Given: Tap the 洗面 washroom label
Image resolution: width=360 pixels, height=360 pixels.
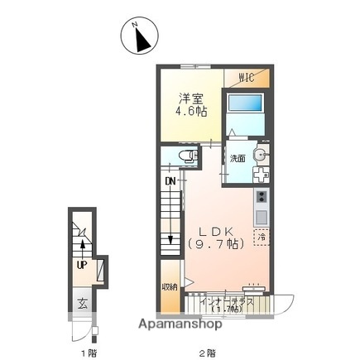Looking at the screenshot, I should (238, 157).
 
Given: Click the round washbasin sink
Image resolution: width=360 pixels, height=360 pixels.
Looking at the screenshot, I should (261, 155).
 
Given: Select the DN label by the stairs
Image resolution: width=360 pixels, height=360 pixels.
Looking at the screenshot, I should (170, 180).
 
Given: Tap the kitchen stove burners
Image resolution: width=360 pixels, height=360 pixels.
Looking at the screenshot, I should (262, 199).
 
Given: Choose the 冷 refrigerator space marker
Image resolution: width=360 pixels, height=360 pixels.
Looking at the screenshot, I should (261, 237).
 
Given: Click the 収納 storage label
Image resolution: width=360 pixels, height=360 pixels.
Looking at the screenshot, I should (170, 286).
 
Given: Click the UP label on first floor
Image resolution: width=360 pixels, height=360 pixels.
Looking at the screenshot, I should (82, 265).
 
